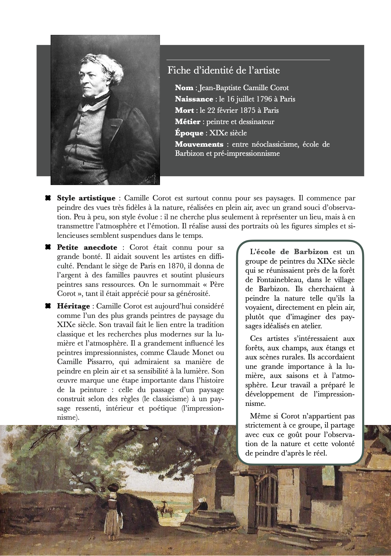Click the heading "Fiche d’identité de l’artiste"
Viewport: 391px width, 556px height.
point(223,70)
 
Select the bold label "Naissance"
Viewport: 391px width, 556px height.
point(194,99)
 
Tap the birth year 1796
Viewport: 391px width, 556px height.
point(264,99)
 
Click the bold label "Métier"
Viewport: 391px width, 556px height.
point(187,122)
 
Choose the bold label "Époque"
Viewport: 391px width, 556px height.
point(189,133)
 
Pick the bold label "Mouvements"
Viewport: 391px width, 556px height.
point(199,144)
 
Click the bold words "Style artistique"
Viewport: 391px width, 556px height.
point(86,198)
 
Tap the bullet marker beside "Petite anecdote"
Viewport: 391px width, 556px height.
point(48,248)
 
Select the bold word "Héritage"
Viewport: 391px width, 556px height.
point(74,306)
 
